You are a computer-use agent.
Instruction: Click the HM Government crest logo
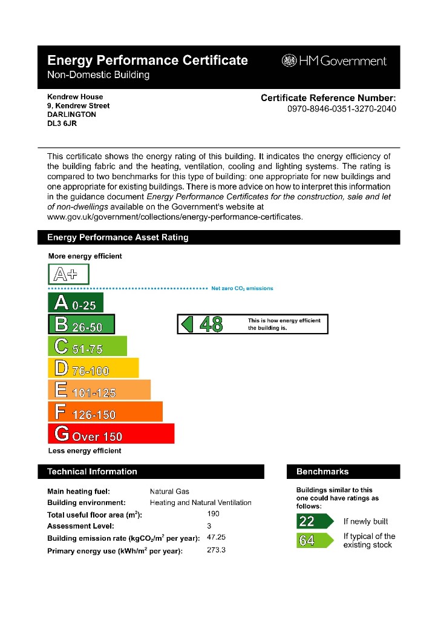pyautogui.click(x=289, y=61)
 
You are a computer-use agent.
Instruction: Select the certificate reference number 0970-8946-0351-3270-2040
pyautogui.click(x=342, y=110)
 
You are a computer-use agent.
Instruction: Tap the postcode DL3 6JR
pyautogui.click(x=62, y=123)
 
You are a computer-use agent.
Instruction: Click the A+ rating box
pyautogui.click(x=68, y=274)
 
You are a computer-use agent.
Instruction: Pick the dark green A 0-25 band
pyautogui.click(x=76, y=303)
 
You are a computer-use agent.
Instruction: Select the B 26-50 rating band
pyautogui.click(x=81, y=325)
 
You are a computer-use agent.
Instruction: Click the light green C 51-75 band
pyautogui.click(x=87, y=346)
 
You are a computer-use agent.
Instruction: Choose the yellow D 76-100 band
pyautogui.click(x=93, y=368)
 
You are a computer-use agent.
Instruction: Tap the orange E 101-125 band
pyautogui.click(x=99, y=390)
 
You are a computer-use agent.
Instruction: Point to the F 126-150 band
pyautogui.click(x=105, y=412)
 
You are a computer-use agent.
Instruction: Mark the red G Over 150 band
pyautogui.click(x=111, y=434)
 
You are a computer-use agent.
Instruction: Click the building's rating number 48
pyautogui.click(x=211, y=325)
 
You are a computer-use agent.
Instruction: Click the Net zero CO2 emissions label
pyautogui.click(x=242, y=289)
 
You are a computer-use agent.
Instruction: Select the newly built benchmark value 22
pyautogui.click(x=307, y=521)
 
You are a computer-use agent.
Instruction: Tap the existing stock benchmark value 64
pyautogui.click(x=307, y=541)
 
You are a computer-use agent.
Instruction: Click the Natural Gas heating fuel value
pyautogui.click(x=169, y=492)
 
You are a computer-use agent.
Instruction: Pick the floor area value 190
pyautogui.click(x=213, y=513)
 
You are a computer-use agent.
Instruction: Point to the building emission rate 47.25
pyautogui.click(x=217, y=537)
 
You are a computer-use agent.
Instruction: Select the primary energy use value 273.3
pyautogui.click(x=216, y=550)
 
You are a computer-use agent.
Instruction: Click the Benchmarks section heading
pyautogui.click(x=322, y=472)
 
